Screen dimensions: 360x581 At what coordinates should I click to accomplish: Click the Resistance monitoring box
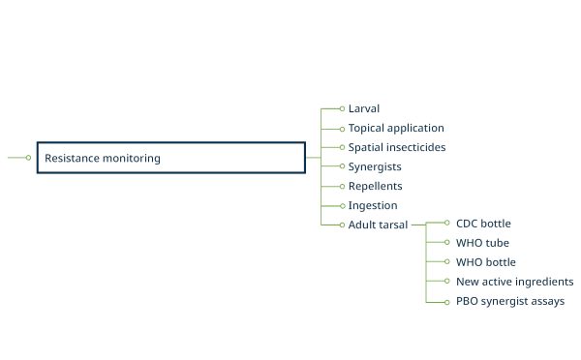170,158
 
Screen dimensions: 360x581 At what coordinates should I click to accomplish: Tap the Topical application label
396,128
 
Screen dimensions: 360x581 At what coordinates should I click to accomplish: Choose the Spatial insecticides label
397,147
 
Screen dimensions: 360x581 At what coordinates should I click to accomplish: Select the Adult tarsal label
378,225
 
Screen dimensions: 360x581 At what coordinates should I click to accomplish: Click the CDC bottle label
483,224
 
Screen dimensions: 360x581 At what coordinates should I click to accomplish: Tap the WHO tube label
482,243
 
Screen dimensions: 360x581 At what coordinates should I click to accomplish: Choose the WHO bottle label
486,262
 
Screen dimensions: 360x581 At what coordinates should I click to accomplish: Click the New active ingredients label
514,282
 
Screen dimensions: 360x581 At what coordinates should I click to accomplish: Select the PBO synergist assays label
510,301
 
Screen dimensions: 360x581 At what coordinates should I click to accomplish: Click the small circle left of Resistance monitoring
28,158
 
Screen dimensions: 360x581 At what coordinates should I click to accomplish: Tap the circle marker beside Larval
342,108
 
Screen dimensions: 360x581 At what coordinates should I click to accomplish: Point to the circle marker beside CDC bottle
446,224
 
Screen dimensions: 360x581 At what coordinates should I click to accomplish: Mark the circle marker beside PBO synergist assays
446,301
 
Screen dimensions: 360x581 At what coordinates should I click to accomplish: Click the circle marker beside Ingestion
342,205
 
